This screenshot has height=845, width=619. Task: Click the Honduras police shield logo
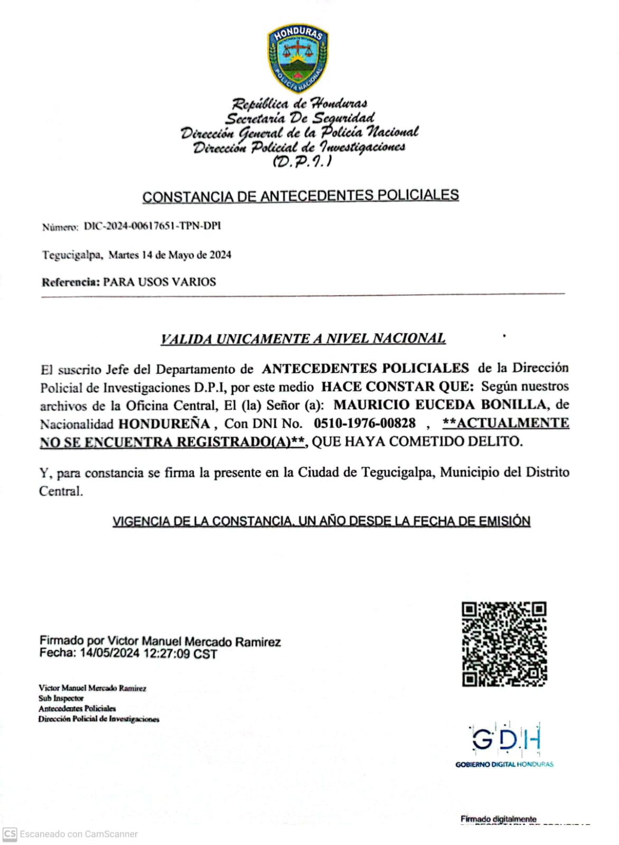298,58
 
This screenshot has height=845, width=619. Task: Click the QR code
504,644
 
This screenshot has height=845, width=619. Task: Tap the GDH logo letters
505,739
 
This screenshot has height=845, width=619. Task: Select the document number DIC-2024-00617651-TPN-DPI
152,226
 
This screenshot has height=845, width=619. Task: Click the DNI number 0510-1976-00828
364,424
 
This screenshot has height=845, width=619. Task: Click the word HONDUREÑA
164,424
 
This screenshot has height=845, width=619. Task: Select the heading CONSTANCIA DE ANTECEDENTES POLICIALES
301,196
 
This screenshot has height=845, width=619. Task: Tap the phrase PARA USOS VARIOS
160,282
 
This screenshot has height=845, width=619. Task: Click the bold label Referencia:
71,282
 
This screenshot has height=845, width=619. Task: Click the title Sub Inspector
61,698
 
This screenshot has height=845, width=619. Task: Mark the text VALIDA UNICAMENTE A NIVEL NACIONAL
303,339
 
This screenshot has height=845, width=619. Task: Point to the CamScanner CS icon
10,834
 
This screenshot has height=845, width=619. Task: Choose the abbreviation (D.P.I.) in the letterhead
302,161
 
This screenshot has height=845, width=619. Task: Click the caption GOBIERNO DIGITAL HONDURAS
504,764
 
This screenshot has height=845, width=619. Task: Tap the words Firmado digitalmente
498,819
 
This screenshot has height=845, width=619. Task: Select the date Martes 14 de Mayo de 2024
170,255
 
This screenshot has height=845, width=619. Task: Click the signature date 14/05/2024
109,654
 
